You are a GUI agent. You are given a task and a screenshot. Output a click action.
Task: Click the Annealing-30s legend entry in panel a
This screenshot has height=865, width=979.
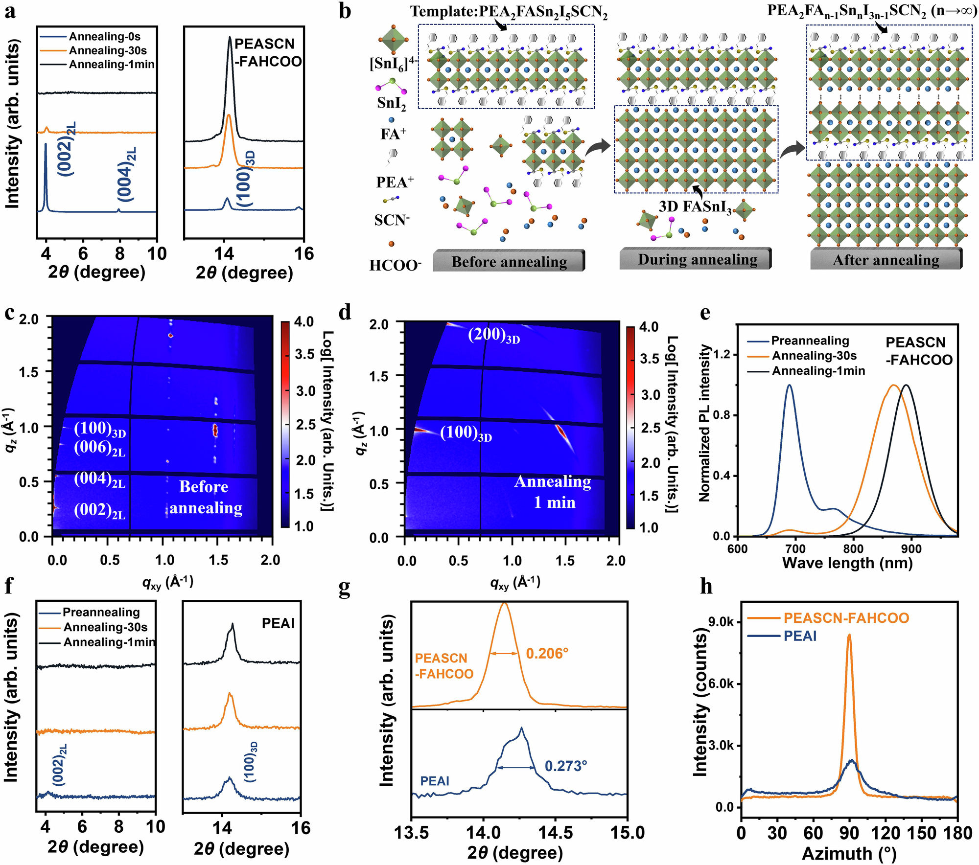coord(107,50)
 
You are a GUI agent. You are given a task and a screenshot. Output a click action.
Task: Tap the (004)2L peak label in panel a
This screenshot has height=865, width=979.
coord(126,174)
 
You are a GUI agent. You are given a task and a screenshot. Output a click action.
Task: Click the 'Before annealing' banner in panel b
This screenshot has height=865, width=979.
coord(509,262)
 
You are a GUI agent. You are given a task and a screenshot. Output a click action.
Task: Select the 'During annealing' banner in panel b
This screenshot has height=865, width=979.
coord(697,259)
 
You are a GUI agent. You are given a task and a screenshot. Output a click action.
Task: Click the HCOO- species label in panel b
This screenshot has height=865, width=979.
coord(395,266)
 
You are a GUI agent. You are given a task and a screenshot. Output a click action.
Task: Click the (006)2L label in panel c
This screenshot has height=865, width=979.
coord(99,448)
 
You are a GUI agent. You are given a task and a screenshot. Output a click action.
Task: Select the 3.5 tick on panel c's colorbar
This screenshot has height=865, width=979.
coord(304,355)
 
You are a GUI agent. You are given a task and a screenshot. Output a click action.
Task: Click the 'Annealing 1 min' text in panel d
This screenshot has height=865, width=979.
coord(553,492)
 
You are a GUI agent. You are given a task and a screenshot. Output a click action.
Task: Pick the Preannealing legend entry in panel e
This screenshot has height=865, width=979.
coord(810,341)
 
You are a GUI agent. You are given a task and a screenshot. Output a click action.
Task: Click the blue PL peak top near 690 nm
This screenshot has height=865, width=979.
coord(789,386)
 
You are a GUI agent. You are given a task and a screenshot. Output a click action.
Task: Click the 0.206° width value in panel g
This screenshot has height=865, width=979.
coord(547,653)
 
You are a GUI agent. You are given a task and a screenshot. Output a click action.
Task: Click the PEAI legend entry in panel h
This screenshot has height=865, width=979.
coord(800,636)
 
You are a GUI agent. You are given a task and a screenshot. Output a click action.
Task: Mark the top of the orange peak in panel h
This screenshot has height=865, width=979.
coord(849,636)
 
